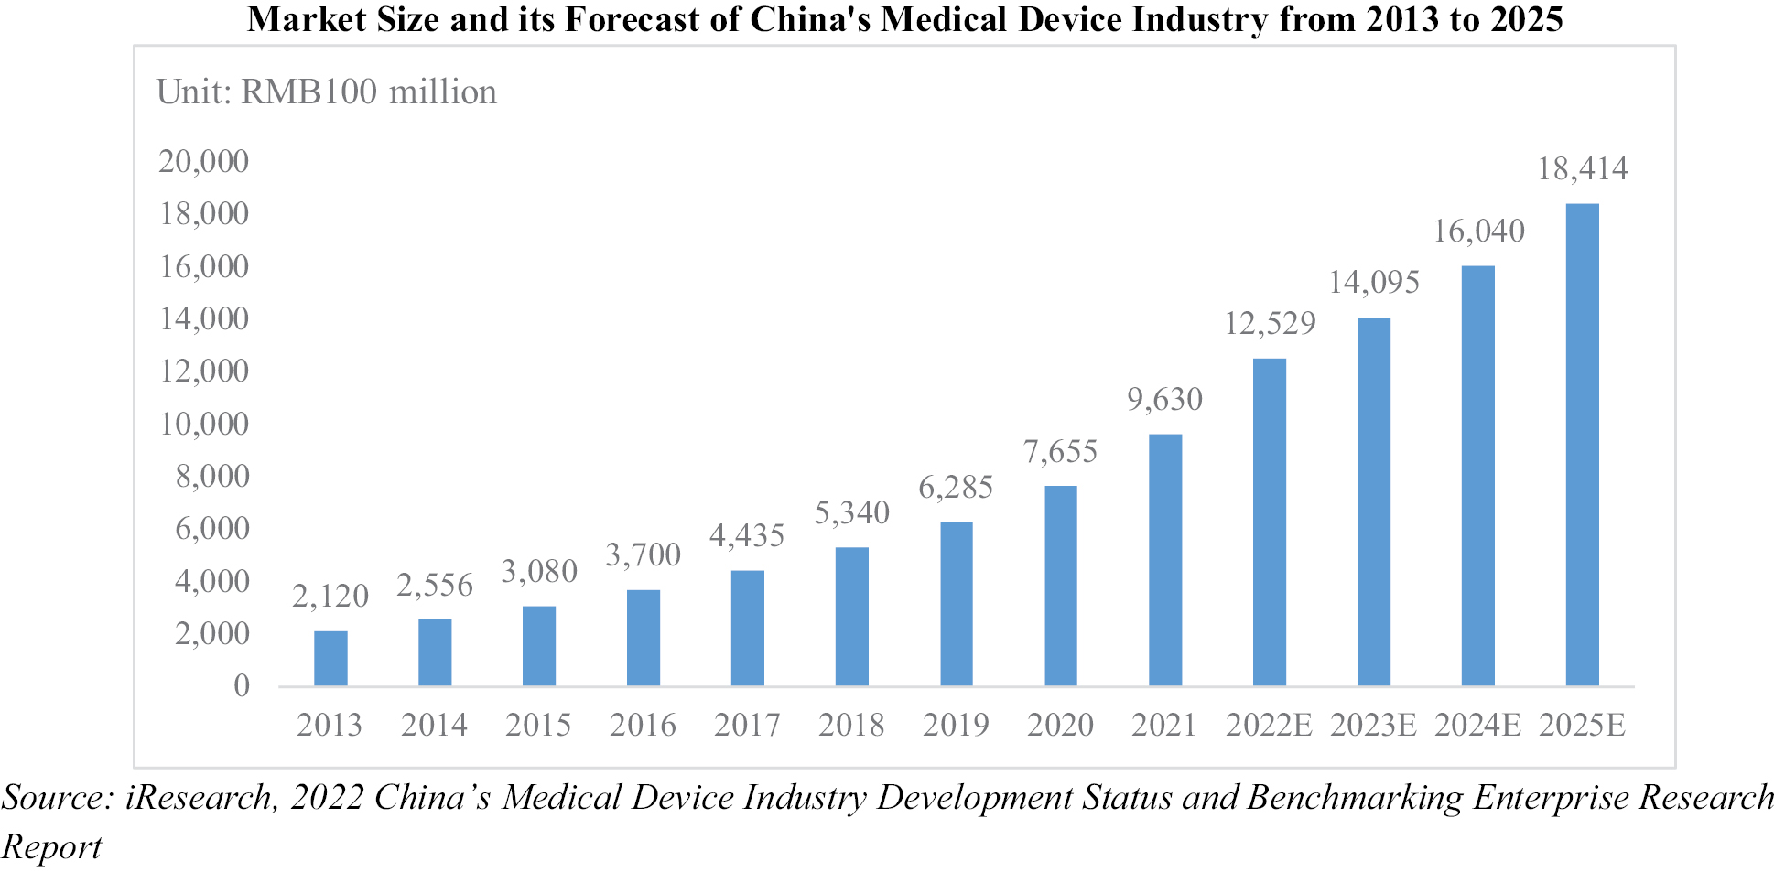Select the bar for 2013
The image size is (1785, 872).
(330, 659)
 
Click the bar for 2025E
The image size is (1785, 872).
(1582, 445)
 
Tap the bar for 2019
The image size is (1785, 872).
(957, 604)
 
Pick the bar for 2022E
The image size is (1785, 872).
(1270, 522)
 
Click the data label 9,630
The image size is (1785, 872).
(1164, 399)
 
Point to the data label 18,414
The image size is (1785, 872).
(1582, 168)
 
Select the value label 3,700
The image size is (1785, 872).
(643, 554)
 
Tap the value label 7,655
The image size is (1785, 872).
(1060, 451)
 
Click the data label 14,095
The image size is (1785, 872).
(1373, 282)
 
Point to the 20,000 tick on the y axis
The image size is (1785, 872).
(203, 161)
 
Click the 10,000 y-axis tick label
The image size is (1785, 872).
(203, 424)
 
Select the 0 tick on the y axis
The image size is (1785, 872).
(242, 685)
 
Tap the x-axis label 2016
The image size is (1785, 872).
(643, 725)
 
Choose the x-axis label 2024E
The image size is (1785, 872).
(1477, 725)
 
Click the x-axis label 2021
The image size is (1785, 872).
(1164, 725)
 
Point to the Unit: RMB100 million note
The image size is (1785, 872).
(327, 92)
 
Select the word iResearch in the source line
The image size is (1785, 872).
(200, 797)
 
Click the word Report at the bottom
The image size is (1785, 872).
(51, 846)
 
